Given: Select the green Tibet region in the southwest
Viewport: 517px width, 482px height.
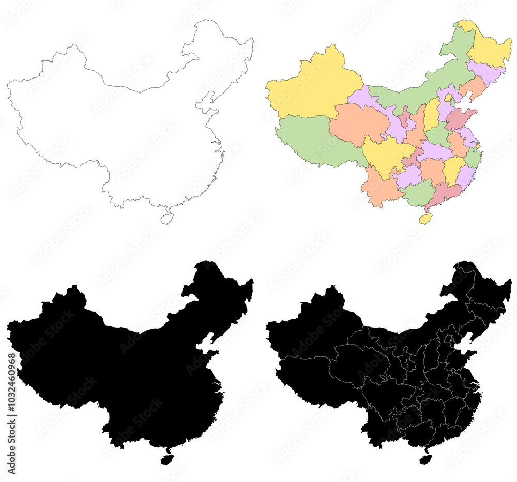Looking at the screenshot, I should click(310, 139).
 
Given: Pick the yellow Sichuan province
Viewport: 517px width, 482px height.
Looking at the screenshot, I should click(385, 155).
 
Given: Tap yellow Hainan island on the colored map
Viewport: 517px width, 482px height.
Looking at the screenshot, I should click(425, 219).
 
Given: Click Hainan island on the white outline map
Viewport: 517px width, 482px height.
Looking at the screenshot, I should click(166, 219).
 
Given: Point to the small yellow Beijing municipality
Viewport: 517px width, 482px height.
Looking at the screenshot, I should click(448, 97).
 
